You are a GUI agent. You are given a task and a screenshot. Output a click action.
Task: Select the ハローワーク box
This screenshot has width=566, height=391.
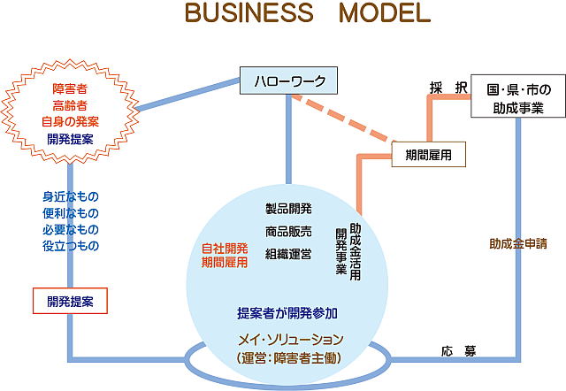pos(289,83)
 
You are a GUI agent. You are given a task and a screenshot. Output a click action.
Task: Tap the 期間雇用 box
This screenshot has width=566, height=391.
pos(428,154)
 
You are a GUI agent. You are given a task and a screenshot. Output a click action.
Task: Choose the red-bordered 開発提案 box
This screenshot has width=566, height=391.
pos(69,301)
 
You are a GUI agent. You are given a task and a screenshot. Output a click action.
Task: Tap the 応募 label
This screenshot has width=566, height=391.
pos(458,351)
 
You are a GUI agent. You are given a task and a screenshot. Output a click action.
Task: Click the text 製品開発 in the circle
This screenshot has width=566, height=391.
pos(288,210)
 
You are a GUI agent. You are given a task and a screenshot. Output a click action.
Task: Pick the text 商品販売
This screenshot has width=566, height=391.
pos(288,233)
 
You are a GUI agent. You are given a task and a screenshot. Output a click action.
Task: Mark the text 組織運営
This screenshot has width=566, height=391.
pos(288,255)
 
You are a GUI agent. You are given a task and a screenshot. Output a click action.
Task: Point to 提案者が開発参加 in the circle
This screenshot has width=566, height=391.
pos(287,313)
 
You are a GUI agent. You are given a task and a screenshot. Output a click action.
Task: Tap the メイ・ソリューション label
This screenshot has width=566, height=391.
pos(288,340)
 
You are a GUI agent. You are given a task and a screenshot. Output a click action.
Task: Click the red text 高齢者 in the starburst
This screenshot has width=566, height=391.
pos(69,105)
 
